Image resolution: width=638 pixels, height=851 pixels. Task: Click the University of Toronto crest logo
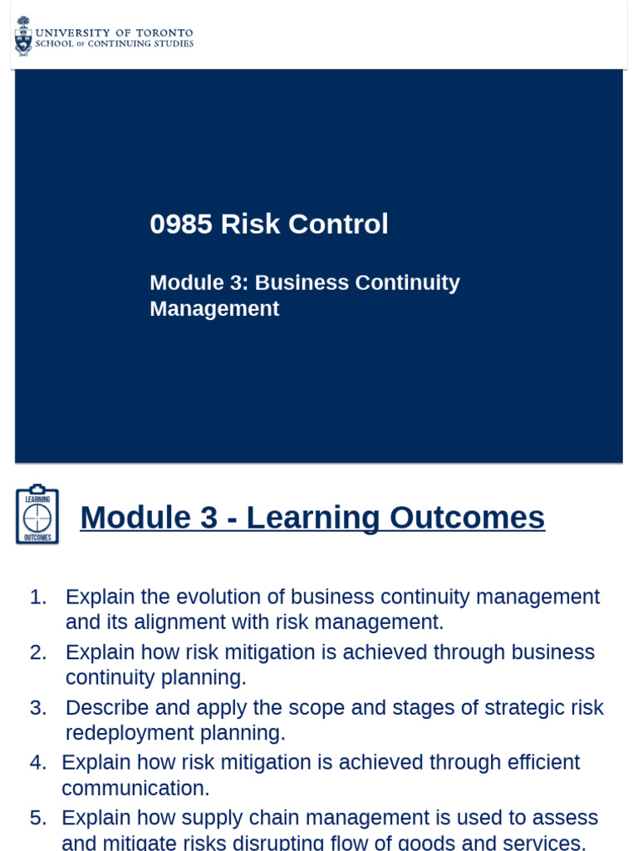click(x=23, y=36)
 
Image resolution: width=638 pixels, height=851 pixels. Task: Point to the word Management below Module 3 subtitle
click(x=214, y=309)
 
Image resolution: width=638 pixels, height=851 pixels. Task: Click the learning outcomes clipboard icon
click(x=37, y=515)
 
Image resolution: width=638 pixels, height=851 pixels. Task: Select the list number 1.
click(x=37, y=598)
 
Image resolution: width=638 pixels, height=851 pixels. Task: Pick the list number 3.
click(x=37, y=708)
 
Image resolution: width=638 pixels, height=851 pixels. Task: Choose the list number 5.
click(x=37, y=818)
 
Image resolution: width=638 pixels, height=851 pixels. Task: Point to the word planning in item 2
click(x=207, y=678)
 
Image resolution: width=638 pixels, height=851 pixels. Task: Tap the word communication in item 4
click(x=135, y=789)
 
